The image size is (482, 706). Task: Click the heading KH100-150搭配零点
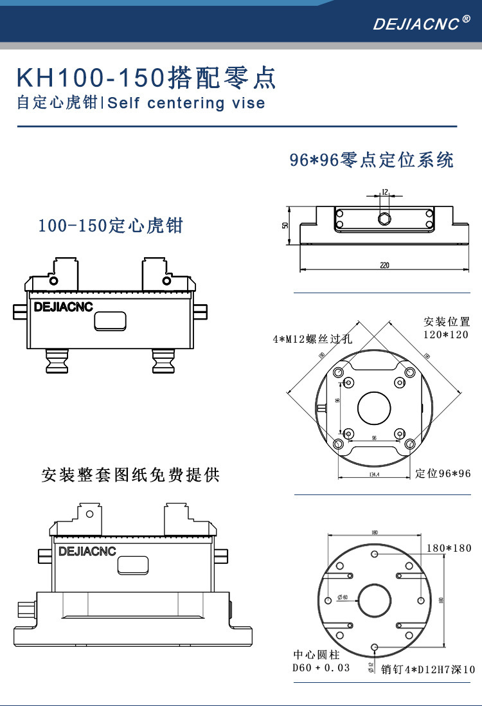pos(146,78)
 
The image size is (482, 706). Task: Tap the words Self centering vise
pos(186,104)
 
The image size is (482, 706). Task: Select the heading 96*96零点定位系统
pos(371,159)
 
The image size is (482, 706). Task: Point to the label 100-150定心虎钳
pos(111,226)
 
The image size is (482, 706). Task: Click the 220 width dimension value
pos(384,265)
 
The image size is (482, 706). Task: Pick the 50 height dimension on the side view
pos(285,225)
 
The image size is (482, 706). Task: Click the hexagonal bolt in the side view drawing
pos(384,219)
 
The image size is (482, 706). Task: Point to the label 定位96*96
pos(443,474)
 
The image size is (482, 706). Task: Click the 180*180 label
pos(449,548)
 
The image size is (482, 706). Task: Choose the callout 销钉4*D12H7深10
pos(428,670)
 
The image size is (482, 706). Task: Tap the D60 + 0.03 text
pos(321,668)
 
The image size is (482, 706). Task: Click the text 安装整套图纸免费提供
pos(130,475)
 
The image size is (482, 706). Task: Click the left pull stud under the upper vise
pos(56,361)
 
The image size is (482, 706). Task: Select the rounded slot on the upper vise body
pos(110,321)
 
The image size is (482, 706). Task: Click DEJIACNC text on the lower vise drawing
pos(87,551)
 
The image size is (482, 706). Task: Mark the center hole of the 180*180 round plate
pos(375,601)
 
